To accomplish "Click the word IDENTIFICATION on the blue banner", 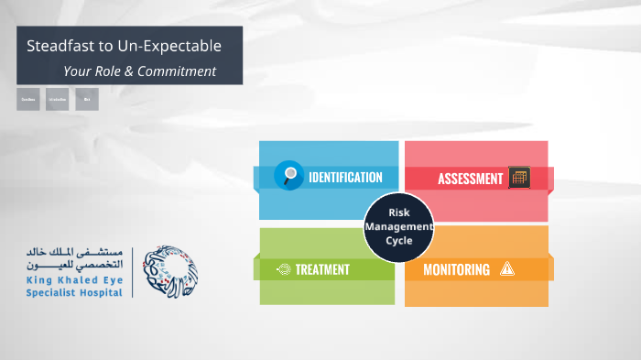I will pyautogui.click(x=345, y=177).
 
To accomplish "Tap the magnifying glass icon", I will pyautogui.click(x=289, y=175).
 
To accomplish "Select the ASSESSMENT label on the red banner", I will pyautogui.click(x=470, y=179).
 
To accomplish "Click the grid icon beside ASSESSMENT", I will pyautogui.click(x=519, y=178).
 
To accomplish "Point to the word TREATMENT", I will pyautogui.click(x=321, y=269).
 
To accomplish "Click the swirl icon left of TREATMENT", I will pyautogui.click(x=284, y=269).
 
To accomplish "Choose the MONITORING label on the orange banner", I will pyautogui.click(x=456, y=269).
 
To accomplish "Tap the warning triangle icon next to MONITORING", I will pyautogui.click(x=507, y=269).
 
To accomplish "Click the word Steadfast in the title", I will pyautogui.click(x=58, y=45).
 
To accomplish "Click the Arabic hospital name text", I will pyautogui.click(x=77, y=257).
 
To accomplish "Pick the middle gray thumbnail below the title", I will pyautogui.click(x=58, y=99).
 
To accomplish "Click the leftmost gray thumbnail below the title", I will pyautogui.click(x=28, y=99).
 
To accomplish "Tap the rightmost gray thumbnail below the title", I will pyautogui.click(x=87, y=99).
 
